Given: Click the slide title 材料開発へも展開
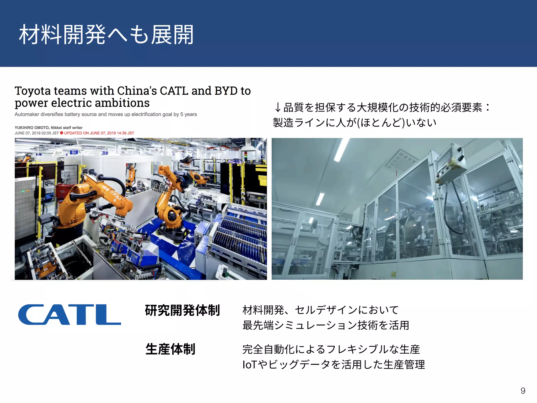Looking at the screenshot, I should point(106,35).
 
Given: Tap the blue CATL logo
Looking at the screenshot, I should point(69,315).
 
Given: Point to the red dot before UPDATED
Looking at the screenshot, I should point(62,133).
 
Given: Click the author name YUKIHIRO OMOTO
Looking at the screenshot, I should point(31,128).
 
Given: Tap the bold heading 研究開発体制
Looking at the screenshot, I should point(182,310).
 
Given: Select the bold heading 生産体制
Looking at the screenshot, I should point(170,349).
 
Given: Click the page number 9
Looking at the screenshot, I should point(523,391).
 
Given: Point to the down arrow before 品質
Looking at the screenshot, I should point(277,108).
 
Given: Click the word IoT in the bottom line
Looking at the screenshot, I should point(249,365).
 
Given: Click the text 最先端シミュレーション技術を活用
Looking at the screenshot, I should point(326,325).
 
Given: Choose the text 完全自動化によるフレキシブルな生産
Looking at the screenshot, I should point(331,349).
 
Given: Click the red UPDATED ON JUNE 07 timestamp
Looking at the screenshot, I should point(99,133).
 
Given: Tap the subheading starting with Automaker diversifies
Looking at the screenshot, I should point(106,114).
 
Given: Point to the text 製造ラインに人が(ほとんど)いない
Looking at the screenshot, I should point(355,123).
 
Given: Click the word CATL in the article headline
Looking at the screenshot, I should point(174,91).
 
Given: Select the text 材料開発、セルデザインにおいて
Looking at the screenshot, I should point(320,310).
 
